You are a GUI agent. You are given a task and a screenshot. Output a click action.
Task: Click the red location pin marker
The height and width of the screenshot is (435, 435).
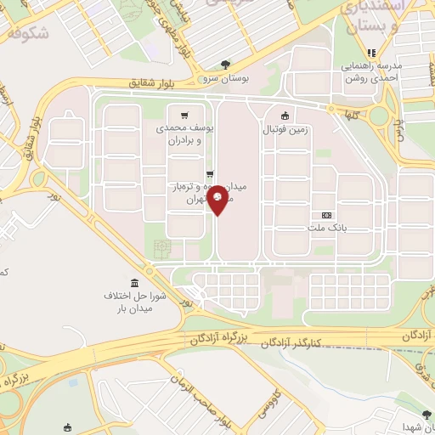coord(218,199)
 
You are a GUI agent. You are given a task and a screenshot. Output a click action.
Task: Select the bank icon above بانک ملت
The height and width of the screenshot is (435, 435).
coord(327,215)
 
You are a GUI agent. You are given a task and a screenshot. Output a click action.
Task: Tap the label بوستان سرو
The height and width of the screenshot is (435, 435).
coord(226,77)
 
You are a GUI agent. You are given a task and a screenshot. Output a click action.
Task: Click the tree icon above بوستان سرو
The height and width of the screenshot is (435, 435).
coord(225,64)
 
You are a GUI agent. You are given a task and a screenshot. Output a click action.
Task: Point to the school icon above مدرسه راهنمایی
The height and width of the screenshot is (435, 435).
coord(370,53)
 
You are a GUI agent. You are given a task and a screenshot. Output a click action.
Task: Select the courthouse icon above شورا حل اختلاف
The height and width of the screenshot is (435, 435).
coord(133,283)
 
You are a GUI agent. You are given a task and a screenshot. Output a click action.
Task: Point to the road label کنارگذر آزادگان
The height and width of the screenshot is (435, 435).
coord(315,341)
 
